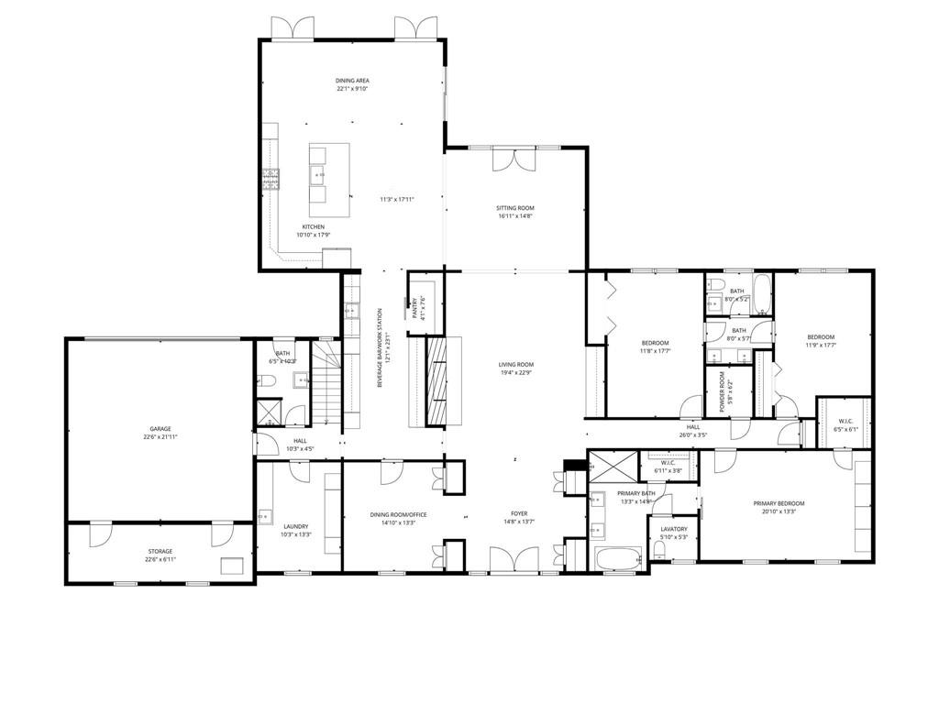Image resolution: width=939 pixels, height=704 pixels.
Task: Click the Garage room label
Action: tap(160, 428)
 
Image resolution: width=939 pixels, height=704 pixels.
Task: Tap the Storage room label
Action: tap(160, 551)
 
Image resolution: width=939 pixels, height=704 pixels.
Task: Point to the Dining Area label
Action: tap(352, 81)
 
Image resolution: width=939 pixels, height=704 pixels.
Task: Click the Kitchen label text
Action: tap(314, 226)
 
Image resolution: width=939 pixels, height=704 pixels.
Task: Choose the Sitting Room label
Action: tap(515, 208)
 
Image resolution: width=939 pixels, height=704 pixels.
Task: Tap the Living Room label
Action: tap(515, 364)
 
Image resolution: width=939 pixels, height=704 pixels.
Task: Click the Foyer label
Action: tap(520, 513)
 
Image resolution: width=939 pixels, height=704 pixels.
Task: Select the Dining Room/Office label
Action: tap(399, 514)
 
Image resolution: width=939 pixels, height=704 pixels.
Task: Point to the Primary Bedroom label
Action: tap(779, 503)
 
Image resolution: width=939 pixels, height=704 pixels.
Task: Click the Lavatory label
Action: tap(668, 529)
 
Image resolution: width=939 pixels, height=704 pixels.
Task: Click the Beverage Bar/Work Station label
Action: tap(380, 348)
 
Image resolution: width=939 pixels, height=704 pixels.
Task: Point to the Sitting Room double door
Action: tap(514, 159)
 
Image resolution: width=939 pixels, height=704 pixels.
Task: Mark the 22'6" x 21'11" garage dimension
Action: tap(160, 437)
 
